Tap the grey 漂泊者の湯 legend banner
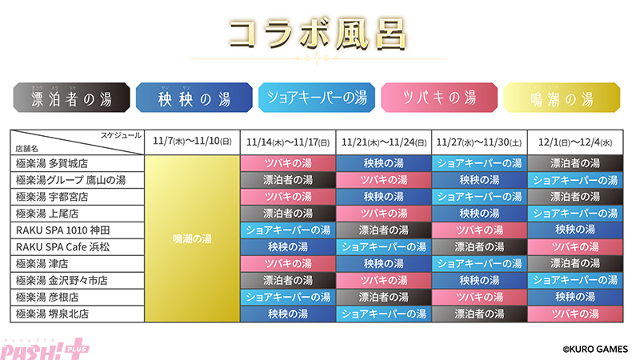point(71,99)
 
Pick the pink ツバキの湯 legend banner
point(439,99)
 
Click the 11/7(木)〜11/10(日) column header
point(192,141)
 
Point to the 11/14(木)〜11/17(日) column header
point(288,141)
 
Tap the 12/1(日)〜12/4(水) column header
point(574,141)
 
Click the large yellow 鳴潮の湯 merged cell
point(192,238)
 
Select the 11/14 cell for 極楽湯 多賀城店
point(288,162)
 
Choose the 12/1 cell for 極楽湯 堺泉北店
point(574,314)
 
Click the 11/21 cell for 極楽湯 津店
point(384,263)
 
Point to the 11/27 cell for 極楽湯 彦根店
point(479,297)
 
